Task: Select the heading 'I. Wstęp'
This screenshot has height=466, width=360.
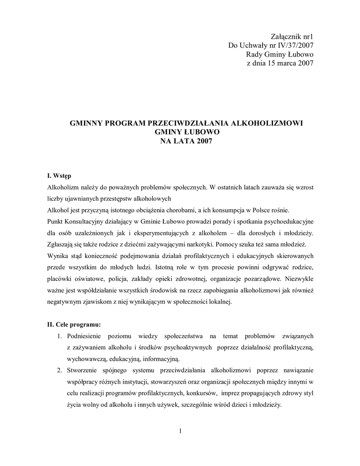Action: pos(59,176)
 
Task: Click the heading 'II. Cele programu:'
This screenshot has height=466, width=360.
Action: pos(74,324)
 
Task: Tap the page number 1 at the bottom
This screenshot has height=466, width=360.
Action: pos(180,431)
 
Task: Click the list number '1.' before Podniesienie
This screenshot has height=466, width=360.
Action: pos(59,336)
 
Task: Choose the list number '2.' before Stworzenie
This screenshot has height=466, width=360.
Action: pos(59,370)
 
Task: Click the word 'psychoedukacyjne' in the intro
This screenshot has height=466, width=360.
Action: pos(286,221)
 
